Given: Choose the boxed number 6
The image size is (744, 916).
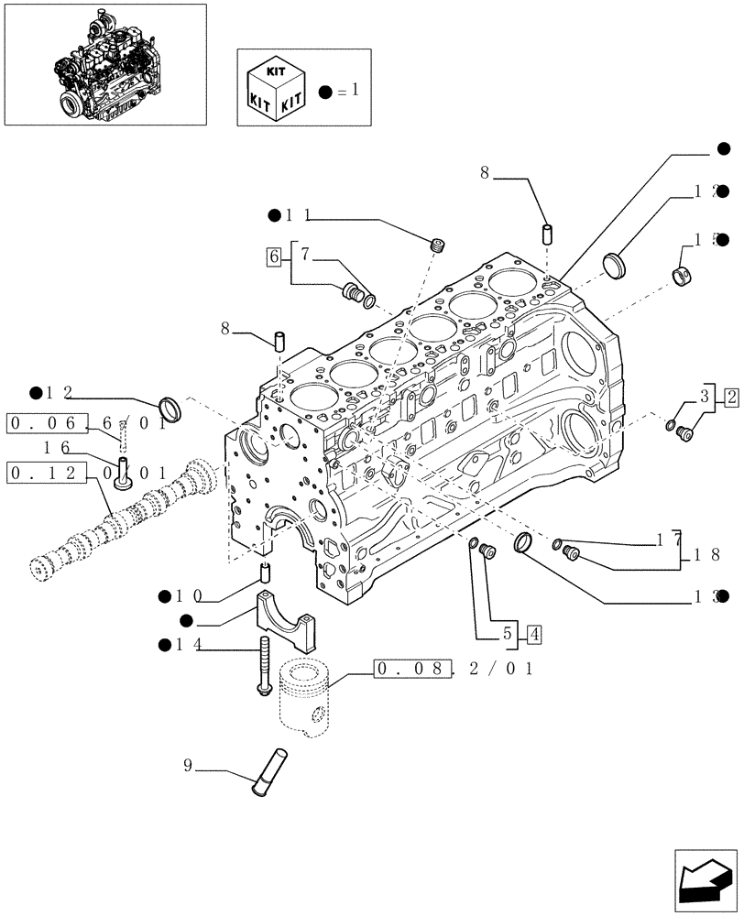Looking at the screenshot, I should pos(273,256).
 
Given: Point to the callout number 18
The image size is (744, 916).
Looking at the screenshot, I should pos(706,554).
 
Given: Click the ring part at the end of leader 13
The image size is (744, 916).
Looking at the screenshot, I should pos(525,542).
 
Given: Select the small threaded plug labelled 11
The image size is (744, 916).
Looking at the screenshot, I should pos(437,245).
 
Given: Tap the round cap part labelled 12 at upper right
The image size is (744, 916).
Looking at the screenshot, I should pos(618,264).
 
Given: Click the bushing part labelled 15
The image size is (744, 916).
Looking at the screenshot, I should pos(683,275).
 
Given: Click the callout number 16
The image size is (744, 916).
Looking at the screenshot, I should pos(58,447).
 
